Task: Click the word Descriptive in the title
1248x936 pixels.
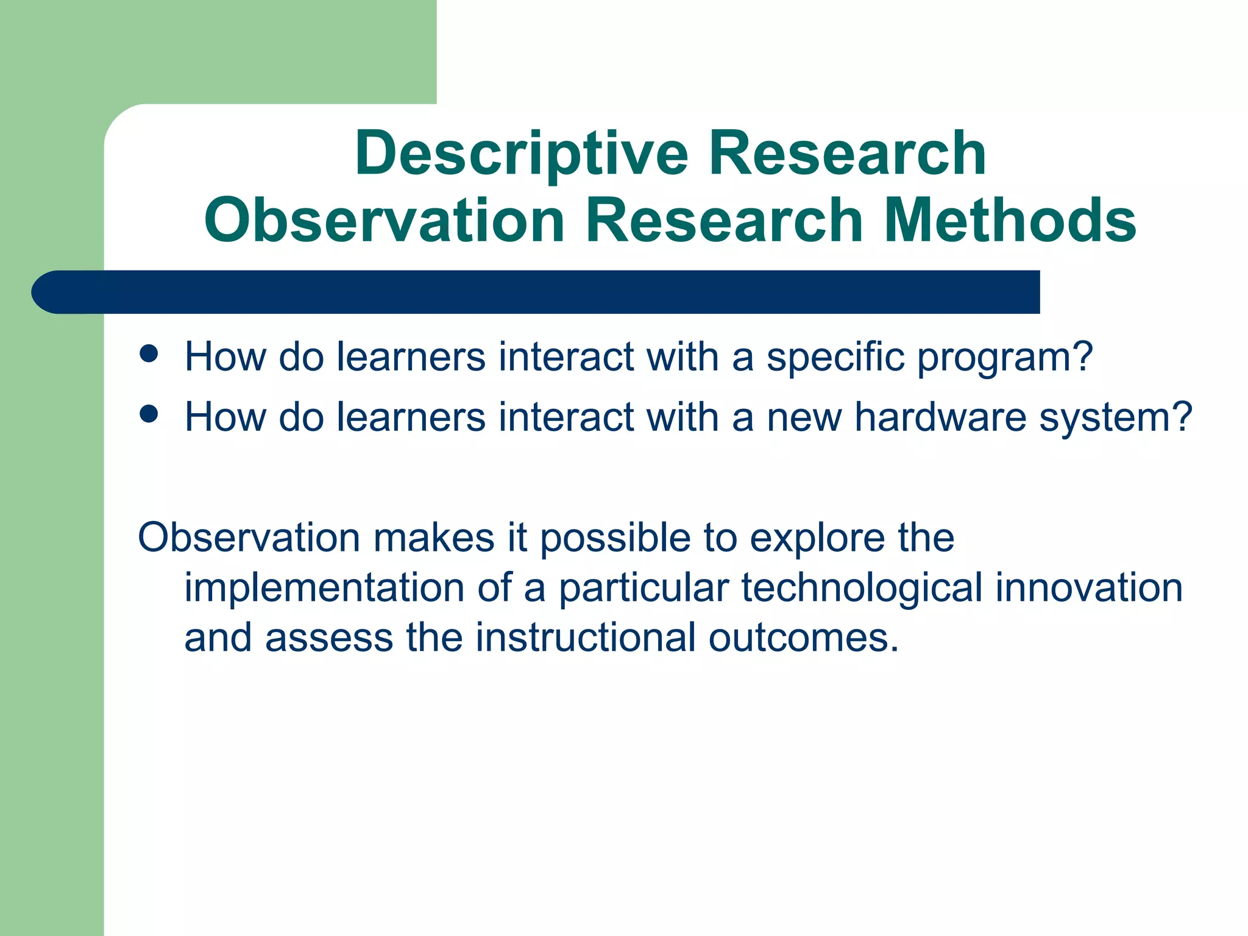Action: point(522,155)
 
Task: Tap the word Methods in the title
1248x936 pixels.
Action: point(1009,221)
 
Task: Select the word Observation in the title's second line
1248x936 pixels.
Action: point(385,221)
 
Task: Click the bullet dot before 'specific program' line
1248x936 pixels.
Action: point(149,354)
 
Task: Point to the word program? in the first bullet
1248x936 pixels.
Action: point(1005,358)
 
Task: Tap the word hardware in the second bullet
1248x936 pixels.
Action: point(940,418)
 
